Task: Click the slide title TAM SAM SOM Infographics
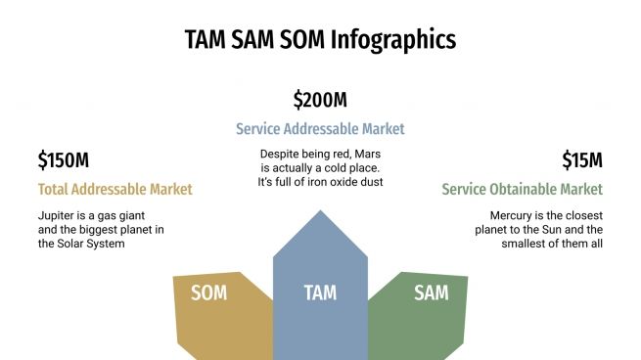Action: pyautogui.click(x=320, y=39)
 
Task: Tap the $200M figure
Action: pyautogui.click(x=320, y=100)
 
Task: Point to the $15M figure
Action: pyautogui.click(x=581, y=160)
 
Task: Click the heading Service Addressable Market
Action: pyautogui.click(x=320, y=128)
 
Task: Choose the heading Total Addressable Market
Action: pyautogui.click(x=115, y=189)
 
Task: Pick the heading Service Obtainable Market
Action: pyautogui.click(x=522, y=189)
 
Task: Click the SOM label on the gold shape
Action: pyautogui.click(x=208, y=292)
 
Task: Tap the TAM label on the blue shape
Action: pyautogui.click(x=320, y=292)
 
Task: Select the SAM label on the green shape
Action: pyautogui.click(x=431, y=292)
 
